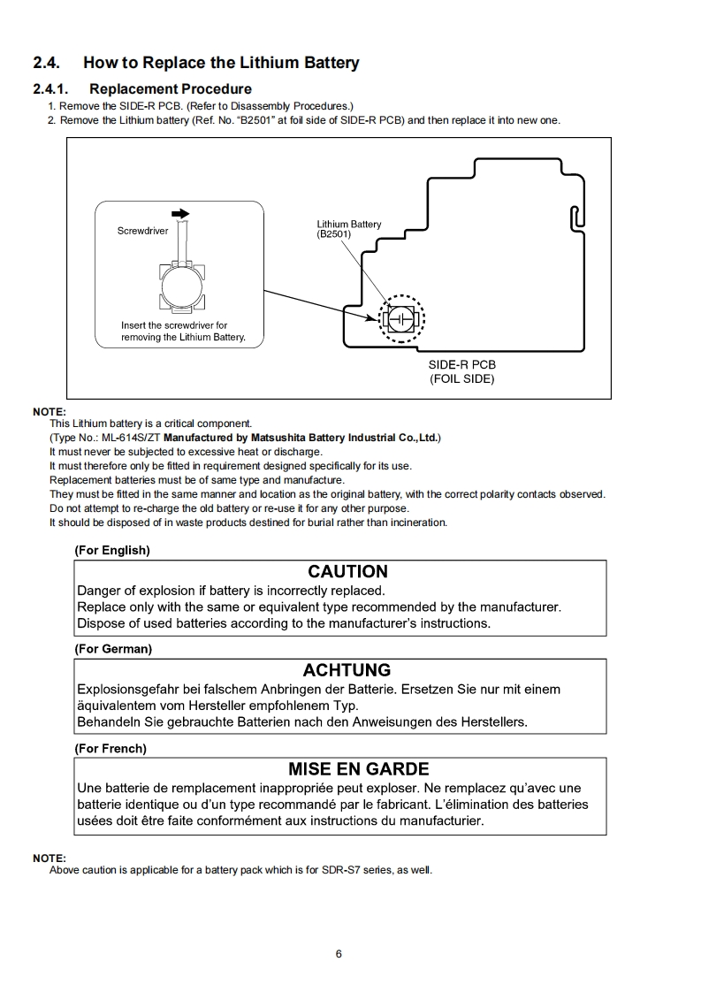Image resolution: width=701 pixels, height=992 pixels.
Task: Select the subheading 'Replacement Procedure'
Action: [171, 88]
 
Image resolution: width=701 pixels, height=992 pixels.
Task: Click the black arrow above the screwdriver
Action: [179, 213]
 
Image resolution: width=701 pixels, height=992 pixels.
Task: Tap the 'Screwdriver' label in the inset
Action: [142, 231]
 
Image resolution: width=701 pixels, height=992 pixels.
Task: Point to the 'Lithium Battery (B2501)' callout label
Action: [348, 229]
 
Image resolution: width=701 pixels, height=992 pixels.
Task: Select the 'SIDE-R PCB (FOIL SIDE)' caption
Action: [461, 371]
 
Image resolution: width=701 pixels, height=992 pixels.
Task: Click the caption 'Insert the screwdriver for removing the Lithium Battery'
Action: [183, 332]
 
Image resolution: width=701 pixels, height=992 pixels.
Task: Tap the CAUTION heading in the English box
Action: [347, 571]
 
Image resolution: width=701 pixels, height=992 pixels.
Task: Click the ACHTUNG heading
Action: [347, 670]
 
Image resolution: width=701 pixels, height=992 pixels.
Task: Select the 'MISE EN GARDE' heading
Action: [358, 769]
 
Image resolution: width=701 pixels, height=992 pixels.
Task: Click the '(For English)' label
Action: [112, 550]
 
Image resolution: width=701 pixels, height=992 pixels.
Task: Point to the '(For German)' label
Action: [113, 649]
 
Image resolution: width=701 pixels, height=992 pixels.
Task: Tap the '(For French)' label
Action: [110, 748]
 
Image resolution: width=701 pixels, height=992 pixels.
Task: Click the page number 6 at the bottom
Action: [339, 953]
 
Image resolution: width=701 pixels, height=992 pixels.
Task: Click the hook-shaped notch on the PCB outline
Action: [575, 217]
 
